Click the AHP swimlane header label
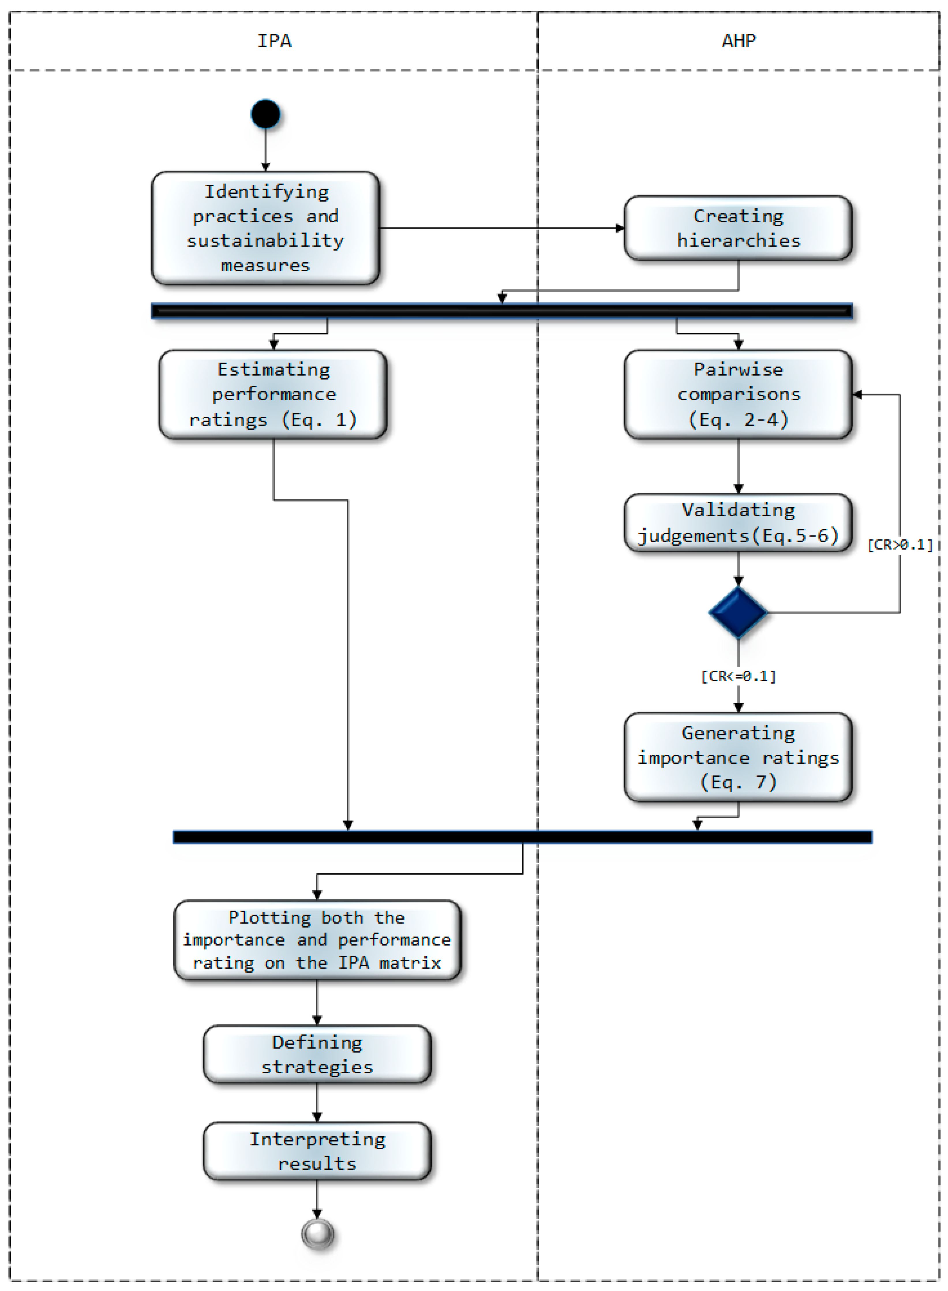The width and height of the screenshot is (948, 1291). point(739,41)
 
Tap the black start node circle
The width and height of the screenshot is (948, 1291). point(265,114)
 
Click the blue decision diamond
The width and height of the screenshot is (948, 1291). point(738,612)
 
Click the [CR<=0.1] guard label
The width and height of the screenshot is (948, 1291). point(738,676)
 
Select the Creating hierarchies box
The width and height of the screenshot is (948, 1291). point(738,228)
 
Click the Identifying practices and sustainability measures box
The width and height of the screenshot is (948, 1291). point(265,228)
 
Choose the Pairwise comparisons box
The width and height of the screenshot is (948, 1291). point(738,394)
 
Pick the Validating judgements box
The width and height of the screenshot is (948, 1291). point(738,522)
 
